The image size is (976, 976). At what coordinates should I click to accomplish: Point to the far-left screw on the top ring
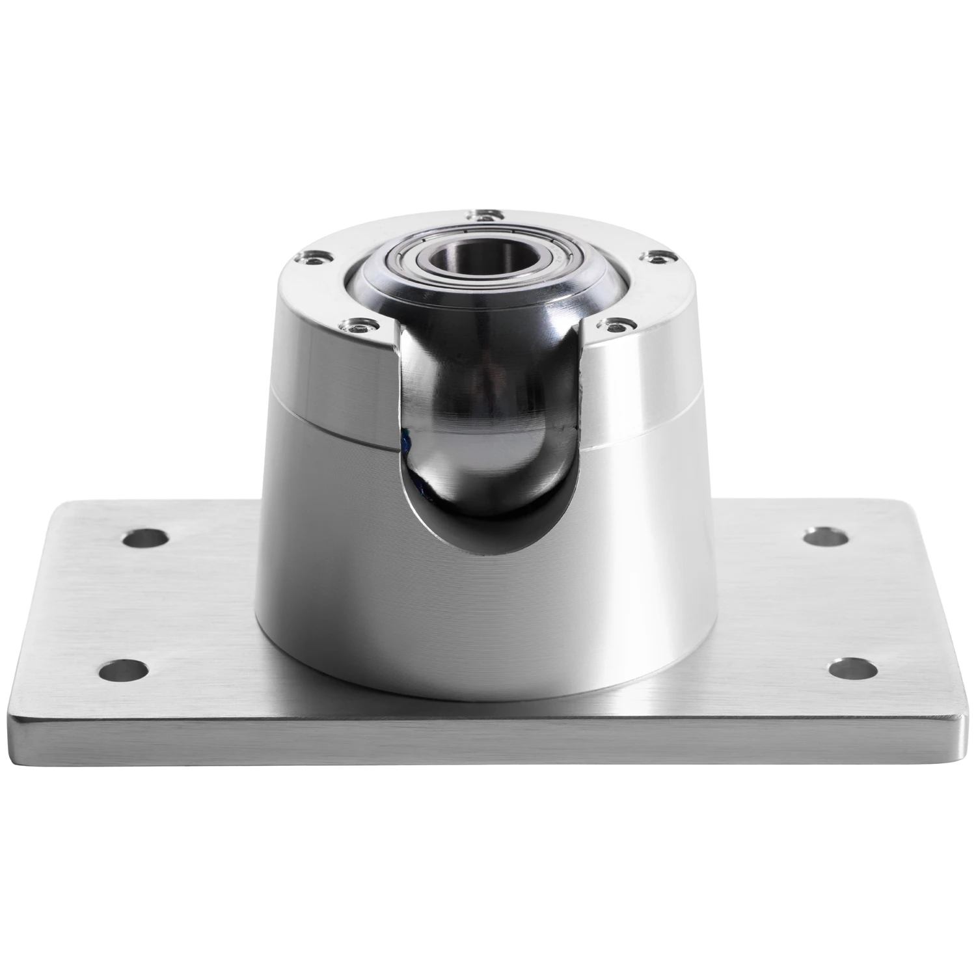tap(310, 258)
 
